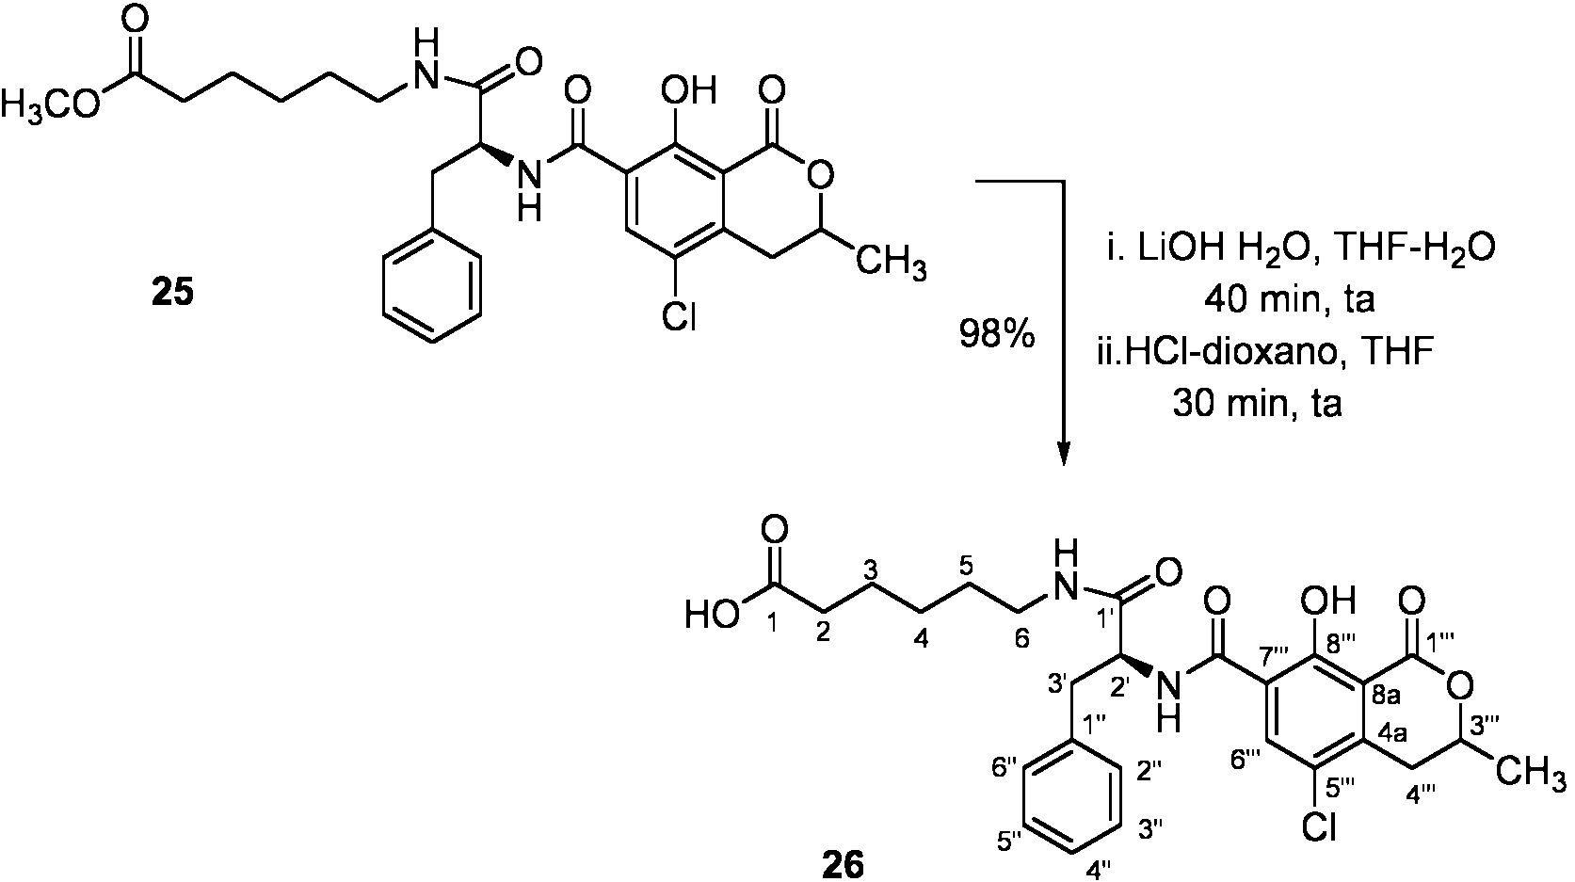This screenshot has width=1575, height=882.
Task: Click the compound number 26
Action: pyautogui.click(x=843, y=865)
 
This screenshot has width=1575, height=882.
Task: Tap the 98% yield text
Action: pyautogui.click(x=997, y=335)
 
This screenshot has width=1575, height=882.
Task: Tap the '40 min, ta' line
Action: pyautogui.click(x=1289, y=301)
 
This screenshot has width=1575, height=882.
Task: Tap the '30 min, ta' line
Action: pyautogui.click(x=1257, y=406)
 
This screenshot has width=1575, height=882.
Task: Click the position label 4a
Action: pyautogui.click(x=1392, y=735)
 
